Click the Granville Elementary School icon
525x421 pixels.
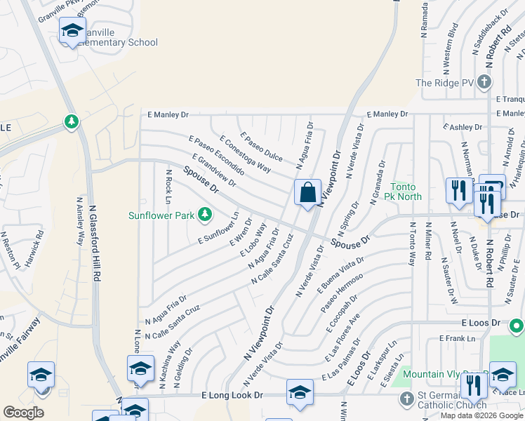[72, 31]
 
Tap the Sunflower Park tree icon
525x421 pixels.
[204, 214]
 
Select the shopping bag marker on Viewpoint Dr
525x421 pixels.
[307, 192]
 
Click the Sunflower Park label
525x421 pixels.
[161, 215]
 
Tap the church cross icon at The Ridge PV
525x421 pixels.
[484, 83]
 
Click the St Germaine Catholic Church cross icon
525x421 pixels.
[406, 399]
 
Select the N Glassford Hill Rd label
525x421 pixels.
[93, 239]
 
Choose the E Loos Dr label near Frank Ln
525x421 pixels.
[481, 323]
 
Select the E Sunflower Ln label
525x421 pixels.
[219, 229]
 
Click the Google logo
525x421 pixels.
[24, 413]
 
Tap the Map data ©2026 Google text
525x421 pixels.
[481, 415]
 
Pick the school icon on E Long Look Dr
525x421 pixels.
[300, 392]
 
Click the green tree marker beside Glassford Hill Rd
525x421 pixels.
[71, 123]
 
